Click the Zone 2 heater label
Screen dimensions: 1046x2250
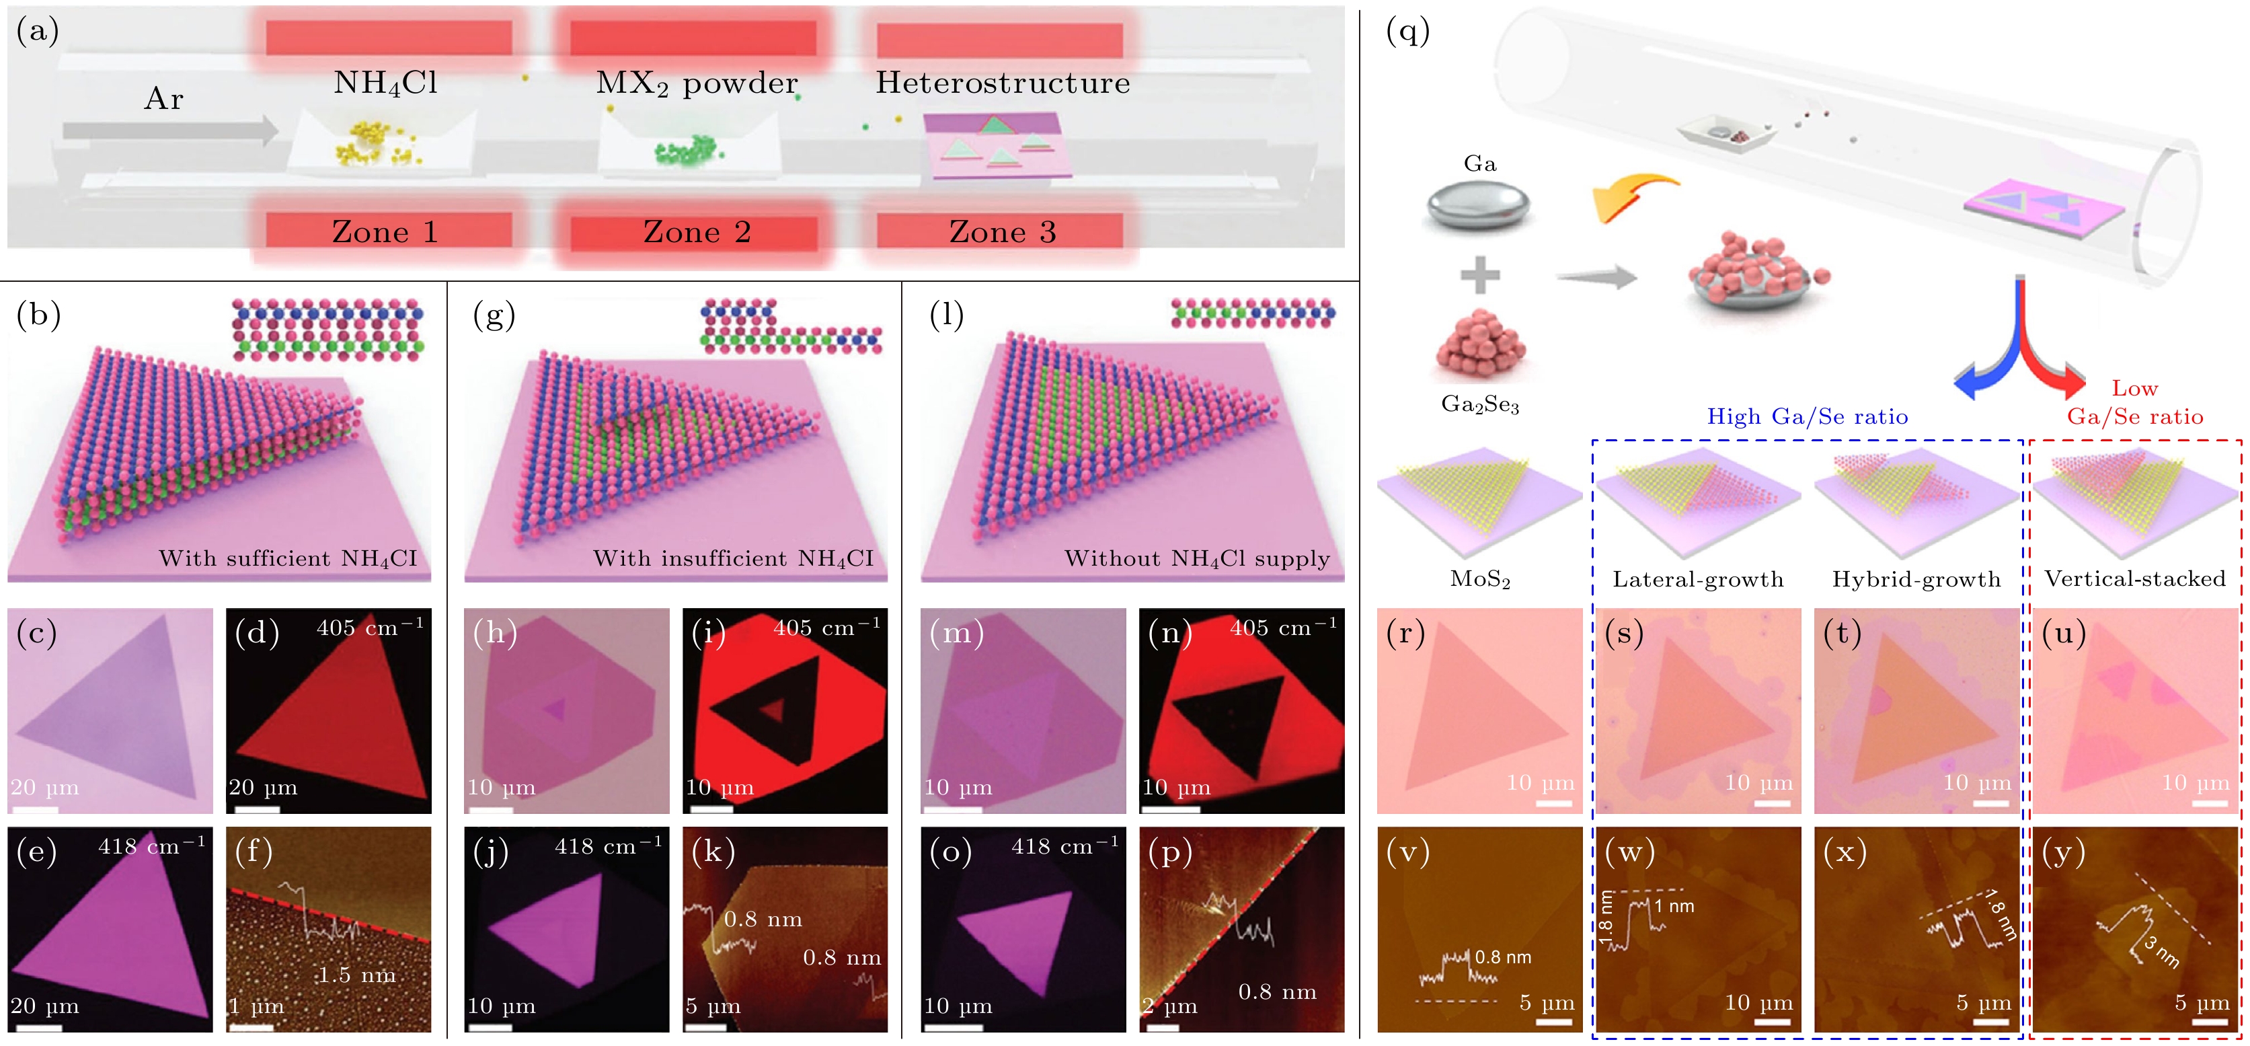(x=696, y=231)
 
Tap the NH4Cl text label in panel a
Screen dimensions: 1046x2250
(x=385, y=83)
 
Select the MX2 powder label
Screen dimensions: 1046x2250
(x=696, y=83)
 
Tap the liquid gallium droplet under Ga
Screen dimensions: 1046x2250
(x=1479, y=205)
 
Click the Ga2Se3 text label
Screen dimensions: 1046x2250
(x=1479, y=404)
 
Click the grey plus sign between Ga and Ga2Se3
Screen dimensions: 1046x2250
(x=1479, y=275)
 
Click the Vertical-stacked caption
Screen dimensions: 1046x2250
(x=2135, y=578)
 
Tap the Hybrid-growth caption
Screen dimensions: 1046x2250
(x=1916, y=579)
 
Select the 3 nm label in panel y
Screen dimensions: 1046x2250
(x=2163, y=952)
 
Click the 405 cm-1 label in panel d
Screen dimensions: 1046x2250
(x=369, y=628)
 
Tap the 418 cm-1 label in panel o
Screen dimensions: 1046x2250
(x=1064, y=846)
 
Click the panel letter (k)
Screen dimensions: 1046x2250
(x=713, y=851)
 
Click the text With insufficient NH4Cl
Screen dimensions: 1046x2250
(x=733, y=558)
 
